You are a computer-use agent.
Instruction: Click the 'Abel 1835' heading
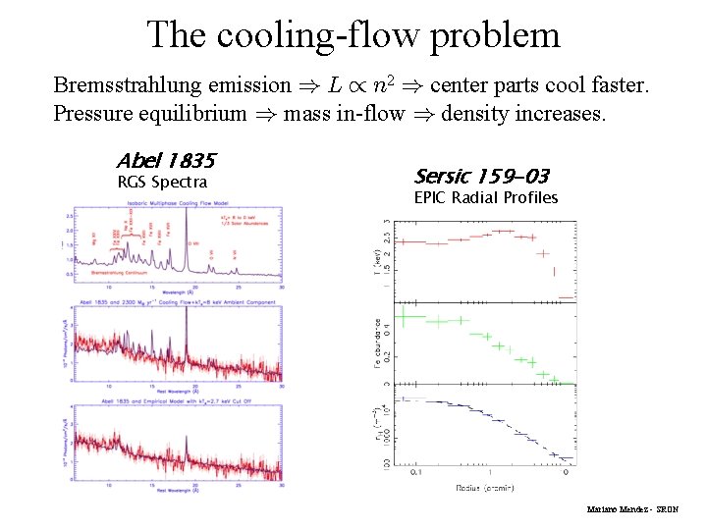click(165, 160)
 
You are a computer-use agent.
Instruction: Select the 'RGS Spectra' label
click(162, 182)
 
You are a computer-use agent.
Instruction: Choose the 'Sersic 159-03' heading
click(481, 177)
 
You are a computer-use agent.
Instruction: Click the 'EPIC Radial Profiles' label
click(486, 197)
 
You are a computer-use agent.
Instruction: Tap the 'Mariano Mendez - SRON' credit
click(632, 510)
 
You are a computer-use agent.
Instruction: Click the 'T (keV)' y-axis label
click(377, 261)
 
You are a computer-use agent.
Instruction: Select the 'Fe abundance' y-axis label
click(377, 343)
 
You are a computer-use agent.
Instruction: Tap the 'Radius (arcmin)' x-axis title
click(484, 487)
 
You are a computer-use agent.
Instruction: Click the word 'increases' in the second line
click(563, 113)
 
